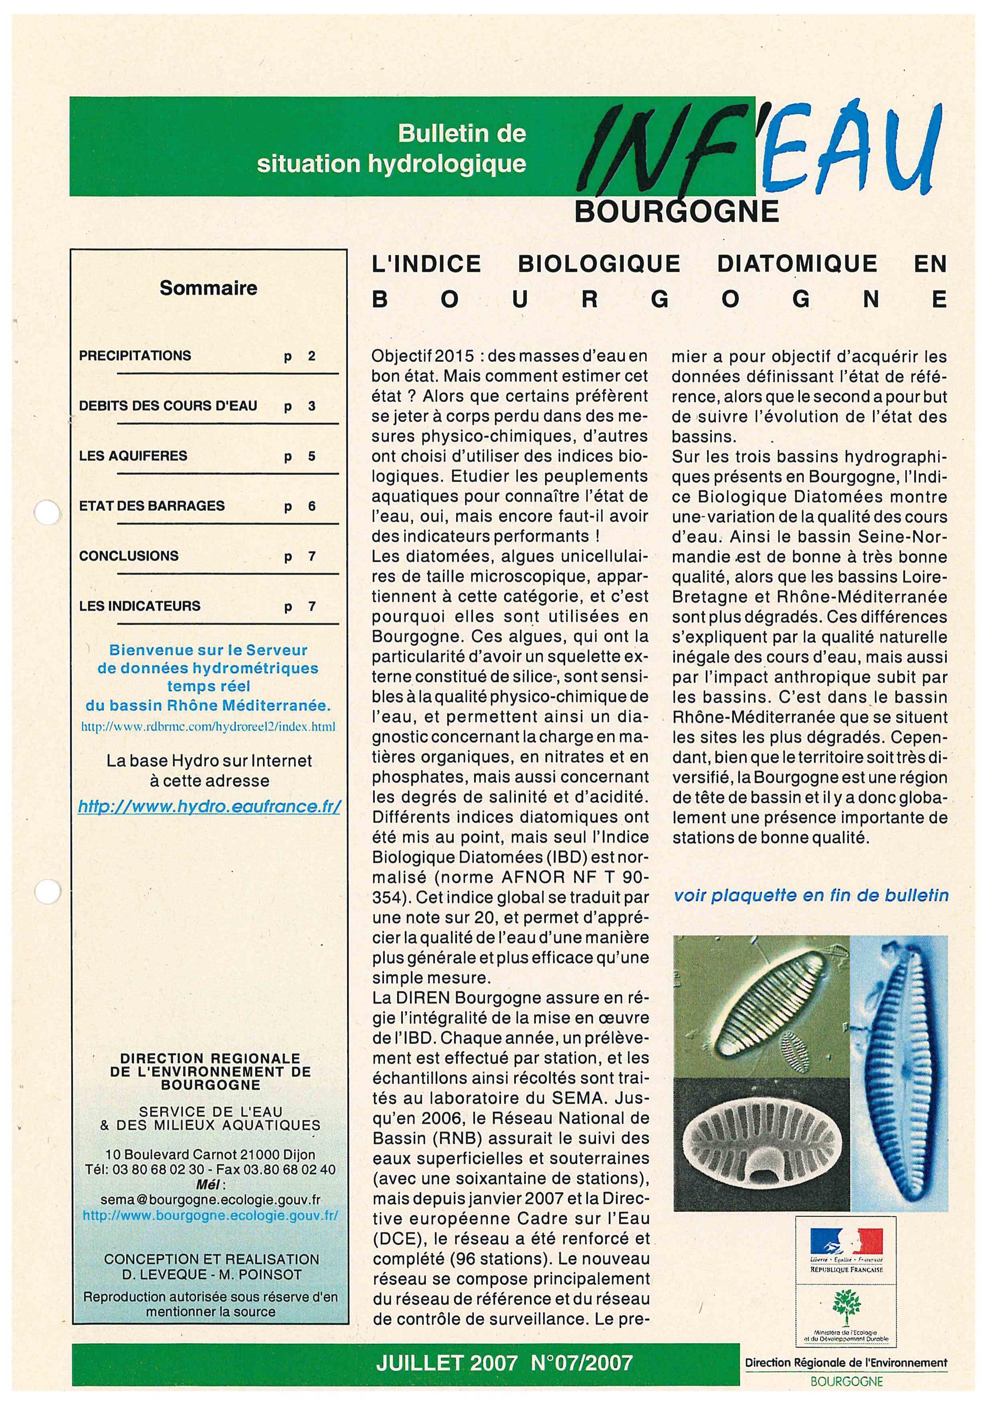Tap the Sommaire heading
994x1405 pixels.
coord(208,288)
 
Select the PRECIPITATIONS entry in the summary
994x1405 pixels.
coord(135,355)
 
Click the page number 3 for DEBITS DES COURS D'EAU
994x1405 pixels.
coord(311,406)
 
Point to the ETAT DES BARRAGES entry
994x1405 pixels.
coord(152,506)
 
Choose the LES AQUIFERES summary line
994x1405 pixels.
coord(133,456)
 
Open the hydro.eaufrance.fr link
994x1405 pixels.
coord(209,806)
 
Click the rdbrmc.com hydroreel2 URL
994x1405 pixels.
coord(208,728)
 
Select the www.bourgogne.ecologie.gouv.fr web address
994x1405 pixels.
coord(210,1215)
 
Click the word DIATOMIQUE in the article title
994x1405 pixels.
coord(797,264)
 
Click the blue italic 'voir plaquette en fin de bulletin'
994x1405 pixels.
coord(810,896)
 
